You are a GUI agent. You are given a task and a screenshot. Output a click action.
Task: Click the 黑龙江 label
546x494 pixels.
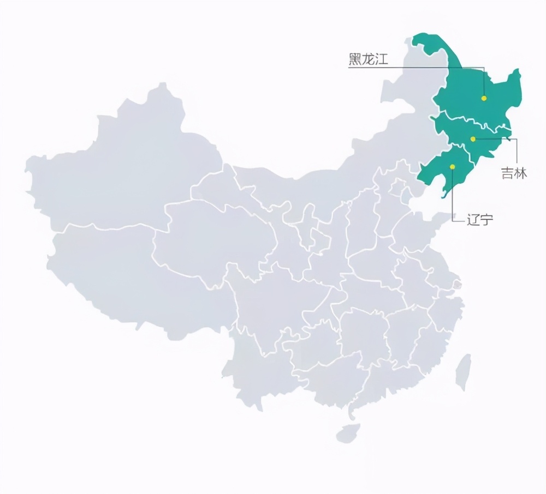click(368, 59)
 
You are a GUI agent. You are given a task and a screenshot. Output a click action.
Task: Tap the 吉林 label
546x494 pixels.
click(514, 174)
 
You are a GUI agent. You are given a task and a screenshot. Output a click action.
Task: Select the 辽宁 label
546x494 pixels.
click(479, 220)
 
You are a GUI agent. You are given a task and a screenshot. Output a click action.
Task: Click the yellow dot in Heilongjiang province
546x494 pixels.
click(483, 98)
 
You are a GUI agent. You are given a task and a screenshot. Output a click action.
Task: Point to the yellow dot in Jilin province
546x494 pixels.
click(473, 139)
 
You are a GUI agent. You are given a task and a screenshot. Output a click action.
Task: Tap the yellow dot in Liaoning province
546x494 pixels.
click(452, 166)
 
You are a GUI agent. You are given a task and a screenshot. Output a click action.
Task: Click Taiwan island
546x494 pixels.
click(463, 371)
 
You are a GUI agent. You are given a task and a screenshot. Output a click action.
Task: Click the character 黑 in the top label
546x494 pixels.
click(355, 59)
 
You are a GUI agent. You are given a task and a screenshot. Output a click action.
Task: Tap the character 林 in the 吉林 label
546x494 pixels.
click(521, 174)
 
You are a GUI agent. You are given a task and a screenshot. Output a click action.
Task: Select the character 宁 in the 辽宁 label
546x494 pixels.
click(486, 220)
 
